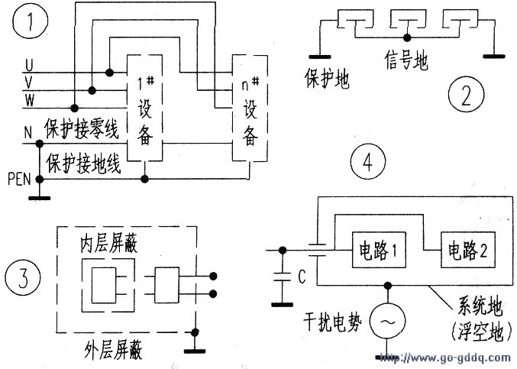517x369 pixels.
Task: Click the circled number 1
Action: pyautogui.click(x=31, y=21)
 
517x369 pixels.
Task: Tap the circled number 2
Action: pyautogui.click(x=467, y=94)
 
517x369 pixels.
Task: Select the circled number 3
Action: pyautogui.click(x=23, y=277)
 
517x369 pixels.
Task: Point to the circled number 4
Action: pyautogui.click(x=367, y=161)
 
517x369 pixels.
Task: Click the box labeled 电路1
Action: pyautogui.click(x=379, y=250)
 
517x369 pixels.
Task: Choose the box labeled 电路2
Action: pyautogui.click(x=468, y=250)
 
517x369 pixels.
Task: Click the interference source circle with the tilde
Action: pyautogui.click(x=387, y=321)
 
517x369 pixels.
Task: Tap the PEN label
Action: pyautogui.click(x=19, y=180)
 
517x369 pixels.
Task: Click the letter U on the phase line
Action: pyautogui.click(x=29, y=65)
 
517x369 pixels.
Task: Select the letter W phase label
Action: pyautogui.click(x=29, y=99)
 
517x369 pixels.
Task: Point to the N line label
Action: pyautogui.click(x=28, y=133)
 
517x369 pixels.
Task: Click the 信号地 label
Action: pyautogui.click(x=406, y=61)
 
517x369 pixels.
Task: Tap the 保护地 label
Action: pyautogui.click(x=327, y=79)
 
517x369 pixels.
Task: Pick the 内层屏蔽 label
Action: pyautogui.click(x=108, y=244)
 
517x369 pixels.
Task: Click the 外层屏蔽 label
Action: pyautogui.click(x=113, y=350)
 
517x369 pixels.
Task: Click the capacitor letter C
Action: pyautogui.click(x=302, y=277)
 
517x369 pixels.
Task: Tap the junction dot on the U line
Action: pyautogui.click(x=109, y=72)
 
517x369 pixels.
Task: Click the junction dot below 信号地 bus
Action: pyautogui.click(x=407, y=37)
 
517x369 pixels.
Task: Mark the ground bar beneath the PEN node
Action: pyautogui.click(x=40, y=198)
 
